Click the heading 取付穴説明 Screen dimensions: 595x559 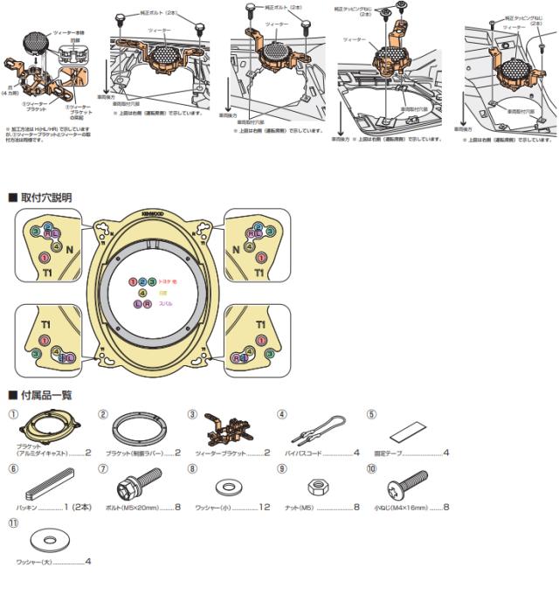click(45, 198)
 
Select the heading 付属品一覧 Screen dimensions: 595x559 click(45, 395)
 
